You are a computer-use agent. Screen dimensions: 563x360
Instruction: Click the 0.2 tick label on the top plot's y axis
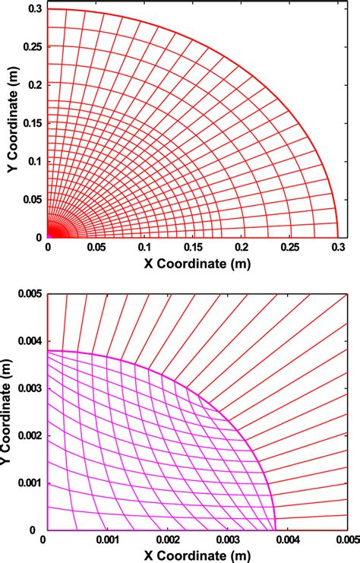pyautogui.click(x=34, y=84)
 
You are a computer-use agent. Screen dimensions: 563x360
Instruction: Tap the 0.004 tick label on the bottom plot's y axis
pyautogui.click(x=28, y=341)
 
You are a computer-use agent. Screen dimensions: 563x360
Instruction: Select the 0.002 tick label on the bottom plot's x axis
pyautogui.click(x=169, y=540)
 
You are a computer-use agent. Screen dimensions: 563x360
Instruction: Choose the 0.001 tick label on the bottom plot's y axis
pyautogui.click(x=28, y=483)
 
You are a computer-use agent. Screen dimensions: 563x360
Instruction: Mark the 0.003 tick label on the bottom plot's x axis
pyautogui.click(x=229, y=540)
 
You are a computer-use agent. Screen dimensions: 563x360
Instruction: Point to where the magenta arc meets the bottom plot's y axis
pyautogui.click(x=47, y=351)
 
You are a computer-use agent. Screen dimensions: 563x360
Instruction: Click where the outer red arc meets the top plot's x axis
pyautogui.click(x=338, y=238)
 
